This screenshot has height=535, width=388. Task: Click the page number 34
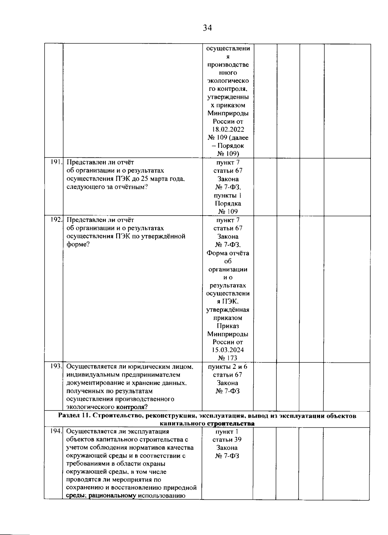pyautogui.click(x=207, y=28)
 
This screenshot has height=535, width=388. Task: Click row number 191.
pyautogui.click(x=56, y=162)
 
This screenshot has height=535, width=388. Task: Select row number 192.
pyautogui.click(x=56, y=220)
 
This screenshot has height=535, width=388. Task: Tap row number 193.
pyautogui.click(x=56, y=366)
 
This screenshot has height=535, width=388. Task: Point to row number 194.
pyautogui.click(x=56, y=431)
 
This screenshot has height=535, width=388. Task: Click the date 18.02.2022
pyautogui.click(x=228, y=129)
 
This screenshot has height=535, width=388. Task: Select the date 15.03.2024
pyautogui.click(x=228, y=350)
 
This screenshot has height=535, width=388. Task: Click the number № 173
pyautogui.click(x=228, y=358)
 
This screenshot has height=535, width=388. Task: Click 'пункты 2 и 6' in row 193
pyautogui.click(x=228, y=366)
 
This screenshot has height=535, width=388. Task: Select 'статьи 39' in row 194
pyautogui.click(x=227, y=439)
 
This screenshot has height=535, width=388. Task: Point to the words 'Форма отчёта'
pyautogui.click(x=228, y=253)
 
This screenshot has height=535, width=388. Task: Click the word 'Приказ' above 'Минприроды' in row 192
pyautogui.click(x=228, y=326)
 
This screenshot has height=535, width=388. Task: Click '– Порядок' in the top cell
pyautogui.click(x=228, y=145)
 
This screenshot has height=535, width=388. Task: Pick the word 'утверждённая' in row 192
pyautogui.click(x=228, y=310)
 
